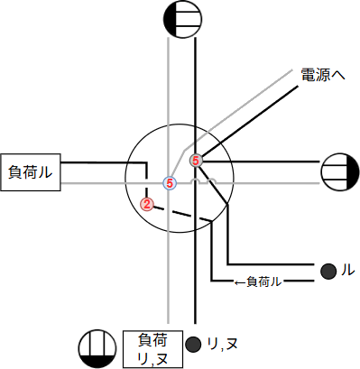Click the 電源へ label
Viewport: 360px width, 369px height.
(322, 77)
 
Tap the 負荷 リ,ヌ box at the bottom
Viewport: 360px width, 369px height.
(151, 350)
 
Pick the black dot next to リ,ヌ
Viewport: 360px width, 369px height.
(192, 344)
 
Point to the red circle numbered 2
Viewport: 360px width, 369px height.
(146, 203)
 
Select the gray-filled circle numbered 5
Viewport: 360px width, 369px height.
(196, 161)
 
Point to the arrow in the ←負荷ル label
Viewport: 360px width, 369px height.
(240, 282)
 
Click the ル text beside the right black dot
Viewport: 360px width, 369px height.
(346, 270)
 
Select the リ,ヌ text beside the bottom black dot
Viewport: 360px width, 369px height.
(216, 345)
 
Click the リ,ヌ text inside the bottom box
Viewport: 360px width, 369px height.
(151, 360)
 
